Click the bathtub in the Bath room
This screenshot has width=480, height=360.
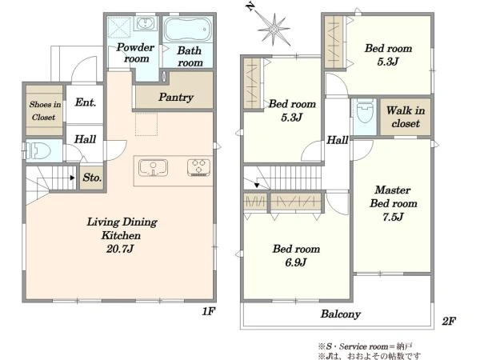187,30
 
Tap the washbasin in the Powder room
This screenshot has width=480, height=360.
146,23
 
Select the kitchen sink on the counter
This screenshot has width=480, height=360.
153,168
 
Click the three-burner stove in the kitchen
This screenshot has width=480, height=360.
198,168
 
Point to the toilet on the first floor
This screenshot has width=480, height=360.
38,150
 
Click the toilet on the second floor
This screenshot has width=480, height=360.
365,111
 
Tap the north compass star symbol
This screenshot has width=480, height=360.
274,30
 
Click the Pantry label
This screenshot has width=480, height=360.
176,98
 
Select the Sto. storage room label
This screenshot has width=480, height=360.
92,178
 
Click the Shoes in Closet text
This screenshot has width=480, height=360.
45,110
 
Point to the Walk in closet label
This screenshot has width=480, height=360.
406,117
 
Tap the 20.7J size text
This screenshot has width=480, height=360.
120,249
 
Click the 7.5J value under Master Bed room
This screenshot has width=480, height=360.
393,217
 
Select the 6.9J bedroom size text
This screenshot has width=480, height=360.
296,262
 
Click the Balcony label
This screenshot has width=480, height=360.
341,314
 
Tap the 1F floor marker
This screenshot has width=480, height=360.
209,312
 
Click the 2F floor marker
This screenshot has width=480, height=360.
449,321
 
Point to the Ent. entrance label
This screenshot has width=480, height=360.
86,102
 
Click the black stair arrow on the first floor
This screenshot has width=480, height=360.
73,178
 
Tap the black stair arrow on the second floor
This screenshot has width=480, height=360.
257,186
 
